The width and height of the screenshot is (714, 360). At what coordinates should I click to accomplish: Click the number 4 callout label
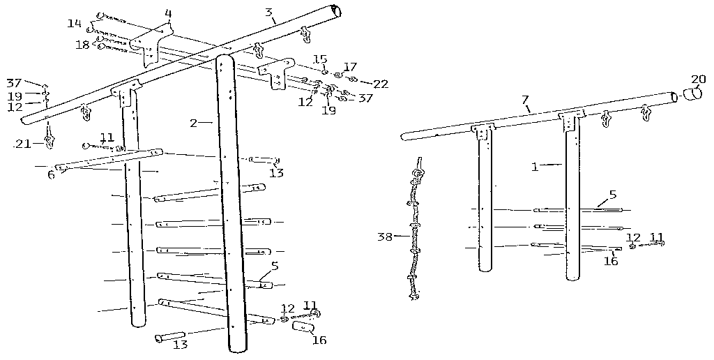click(x=168, y=13)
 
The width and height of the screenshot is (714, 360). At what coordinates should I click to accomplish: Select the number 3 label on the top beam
click(x=268, y=12)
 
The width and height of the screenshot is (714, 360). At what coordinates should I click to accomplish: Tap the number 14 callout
click(x=75, y=23)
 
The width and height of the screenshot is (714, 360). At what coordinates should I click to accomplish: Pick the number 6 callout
click(x=51, y=174)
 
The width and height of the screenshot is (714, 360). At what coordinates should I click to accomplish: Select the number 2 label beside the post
click(x=193, y=123)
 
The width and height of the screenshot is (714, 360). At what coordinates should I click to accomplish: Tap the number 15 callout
click(x=319, y=59)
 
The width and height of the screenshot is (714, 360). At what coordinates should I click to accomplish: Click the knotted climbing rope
click(x=416, y=230)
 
